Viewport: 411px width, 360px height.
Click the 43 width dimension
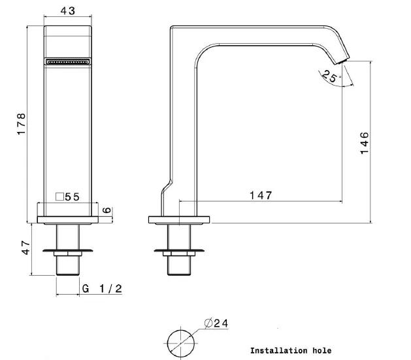coord(67,10)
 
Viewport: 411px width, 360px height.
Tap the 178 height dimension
coord(21,124)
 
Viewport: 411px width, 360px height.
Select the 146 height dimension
coord(365,143)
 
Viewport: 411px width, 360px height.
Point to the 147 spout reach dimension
coord(261,195)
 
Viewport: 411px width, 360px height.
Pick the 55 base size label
coord(72,197)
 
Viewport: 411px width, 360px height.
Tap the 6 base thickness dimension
coord(107,210)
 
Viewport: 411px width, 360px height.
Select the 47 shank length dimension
coord(26,248)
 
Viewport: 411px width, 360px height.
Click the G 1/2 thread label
coord(102,289)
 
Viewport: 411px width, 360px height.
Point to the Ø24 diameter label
coord(216,323)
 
